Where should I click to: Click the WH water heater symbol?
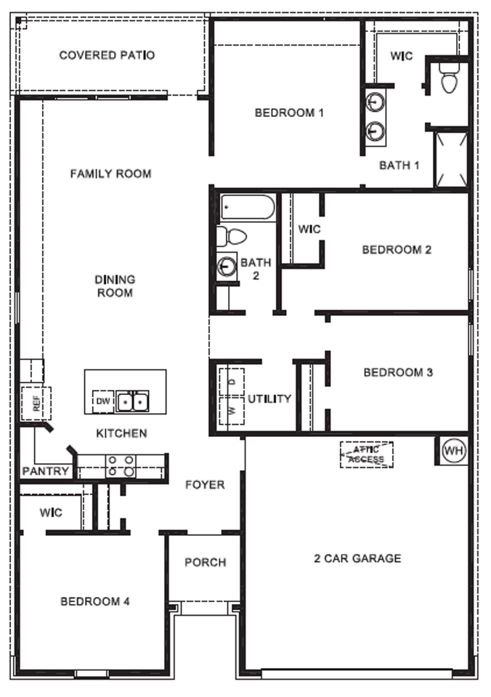pyautogui.click(x=453, y=451)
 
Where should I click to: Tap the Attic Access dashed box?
pyautogui.click(x=367, y=454)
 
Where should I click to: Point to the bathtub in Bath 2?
pyautogui.click(x=248, y=208)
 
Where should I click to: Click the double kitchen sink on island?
pyautogui.click(x=133, y=401)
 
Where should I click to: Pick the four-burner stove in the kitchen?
pyautogui.click(x=121, y=466)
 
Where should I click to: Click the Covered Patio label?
pyautogui.click(x=107, y=55)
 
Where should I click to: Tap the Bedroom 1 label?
pyautogui.click(x=289, y=113)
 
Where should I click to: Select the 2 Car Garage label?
pyautogui.click(x=357, y=558)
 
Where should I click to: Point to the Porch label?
pyautogui.click(x=205, y=562)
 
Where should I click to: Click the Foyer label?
pyautogui.click(x=205, y=484)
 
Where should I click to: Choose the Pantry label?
pyautogui.click(x=46, y=471)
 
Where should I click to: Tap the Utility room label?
pyautogui.click(x=269, y=399)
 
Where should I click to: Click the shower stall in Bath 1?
pyautogui.click(x=450, y=159)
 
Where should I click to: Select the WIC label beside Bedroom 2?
pyautogui.click(x=309, y=229)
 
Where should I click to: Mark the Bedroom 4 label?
pyautogui.click(x=95, y=601)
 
